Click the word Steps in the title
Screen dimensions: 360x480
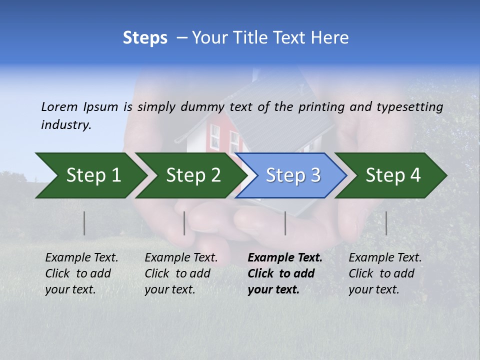tap(145, 38)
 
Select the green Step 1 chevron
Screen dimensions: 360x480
tap(90, 175)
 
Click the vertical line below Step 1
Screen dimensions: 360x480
tap(84, 223)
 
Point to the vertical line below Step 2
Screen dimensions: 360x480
tap(184, 223)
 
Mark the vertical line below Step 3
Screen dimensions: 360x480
tap(285, 223)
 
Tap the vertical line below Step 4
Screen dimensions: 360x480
tap(386, 223)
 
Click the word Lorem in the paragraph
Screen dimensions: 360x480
tap(60, 107)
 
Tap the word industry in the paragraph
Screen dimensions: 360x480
tap(65, 125)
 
